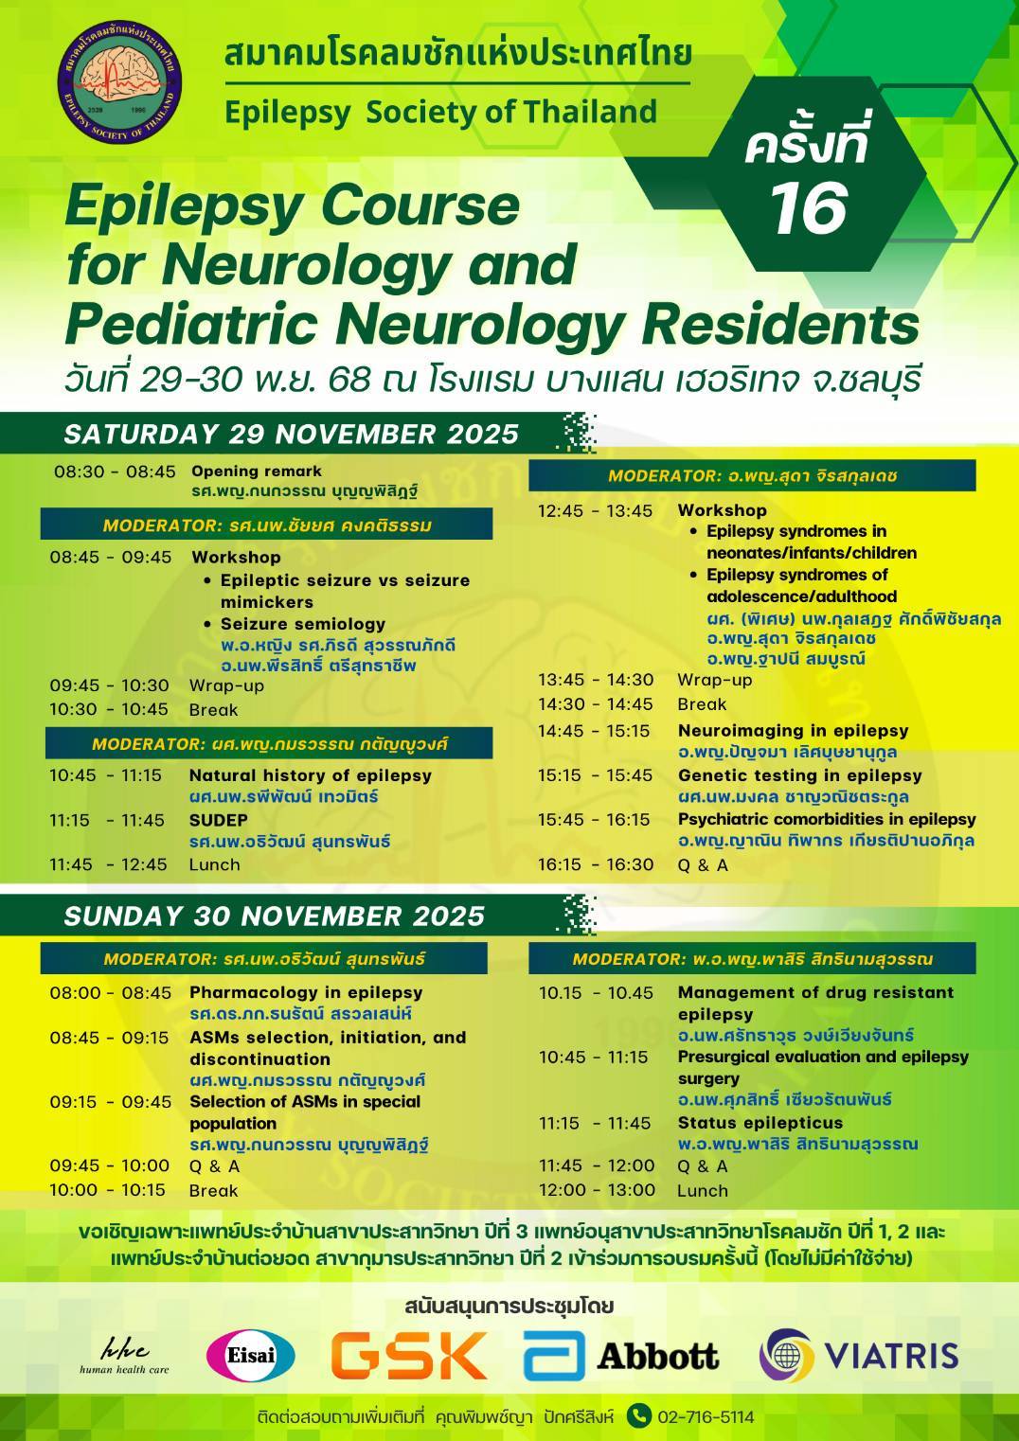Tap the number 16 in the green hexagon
(808, 208)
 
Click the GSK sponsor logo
(409, 1355)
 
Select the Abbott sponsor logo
(621, 1356)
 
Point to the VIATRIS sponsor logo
(858, 1355)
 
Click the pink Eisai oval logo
(250, 1356)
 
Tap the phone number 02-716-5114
(706, 1416)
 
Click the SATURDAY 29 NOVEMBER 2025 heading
(292, 434)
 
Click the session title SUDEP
(218, 820)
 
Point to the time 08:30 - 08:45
(115, 471)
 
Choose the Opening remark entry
(257, 471)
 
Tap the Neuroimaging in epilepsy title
(793, 730)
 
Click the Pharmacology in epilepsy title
(306, 992)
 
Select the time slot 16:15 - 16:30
(596, 864)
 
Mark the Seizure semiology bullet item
(303, 624)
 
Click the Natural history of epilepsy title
(311, 774)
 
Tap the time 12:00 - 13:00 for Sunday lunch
(597, 1189)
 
